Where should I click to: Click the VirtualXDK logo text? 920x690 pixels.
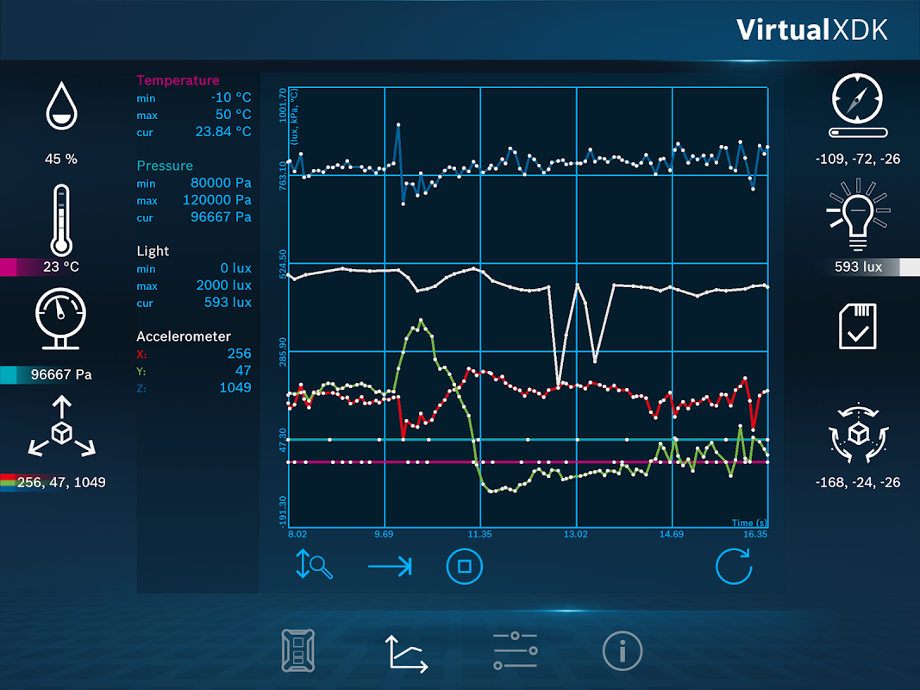click(811, 29)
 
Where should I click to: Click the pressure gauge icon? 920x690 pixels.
click(60, 319)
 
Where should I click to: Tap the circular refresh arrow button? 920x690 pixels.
click(733, 567)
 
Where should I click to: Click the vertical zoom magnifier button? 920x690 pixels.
click(314, 566)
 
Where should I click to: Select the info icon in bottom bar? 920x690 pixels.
click(623, 650)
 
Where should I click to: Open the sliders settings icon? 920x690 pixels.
click(515, 650)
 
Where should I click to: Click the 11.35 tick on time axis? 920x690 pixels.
click(480, 535)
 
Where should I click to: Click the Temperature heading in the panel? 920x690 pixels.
click(178, 80)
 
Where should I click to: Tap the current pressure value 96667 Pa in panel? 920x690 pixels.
click(221, 216)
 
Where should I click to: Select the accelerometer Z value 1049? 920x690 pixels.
click(235, 387)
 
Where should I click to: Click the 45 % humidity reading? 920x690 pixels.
click(60, 159)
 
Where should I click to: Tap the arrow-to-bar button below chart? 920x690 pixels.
click(390, 567)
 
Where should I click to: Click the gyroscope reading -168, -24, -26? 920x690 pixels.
click(858, 482)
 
